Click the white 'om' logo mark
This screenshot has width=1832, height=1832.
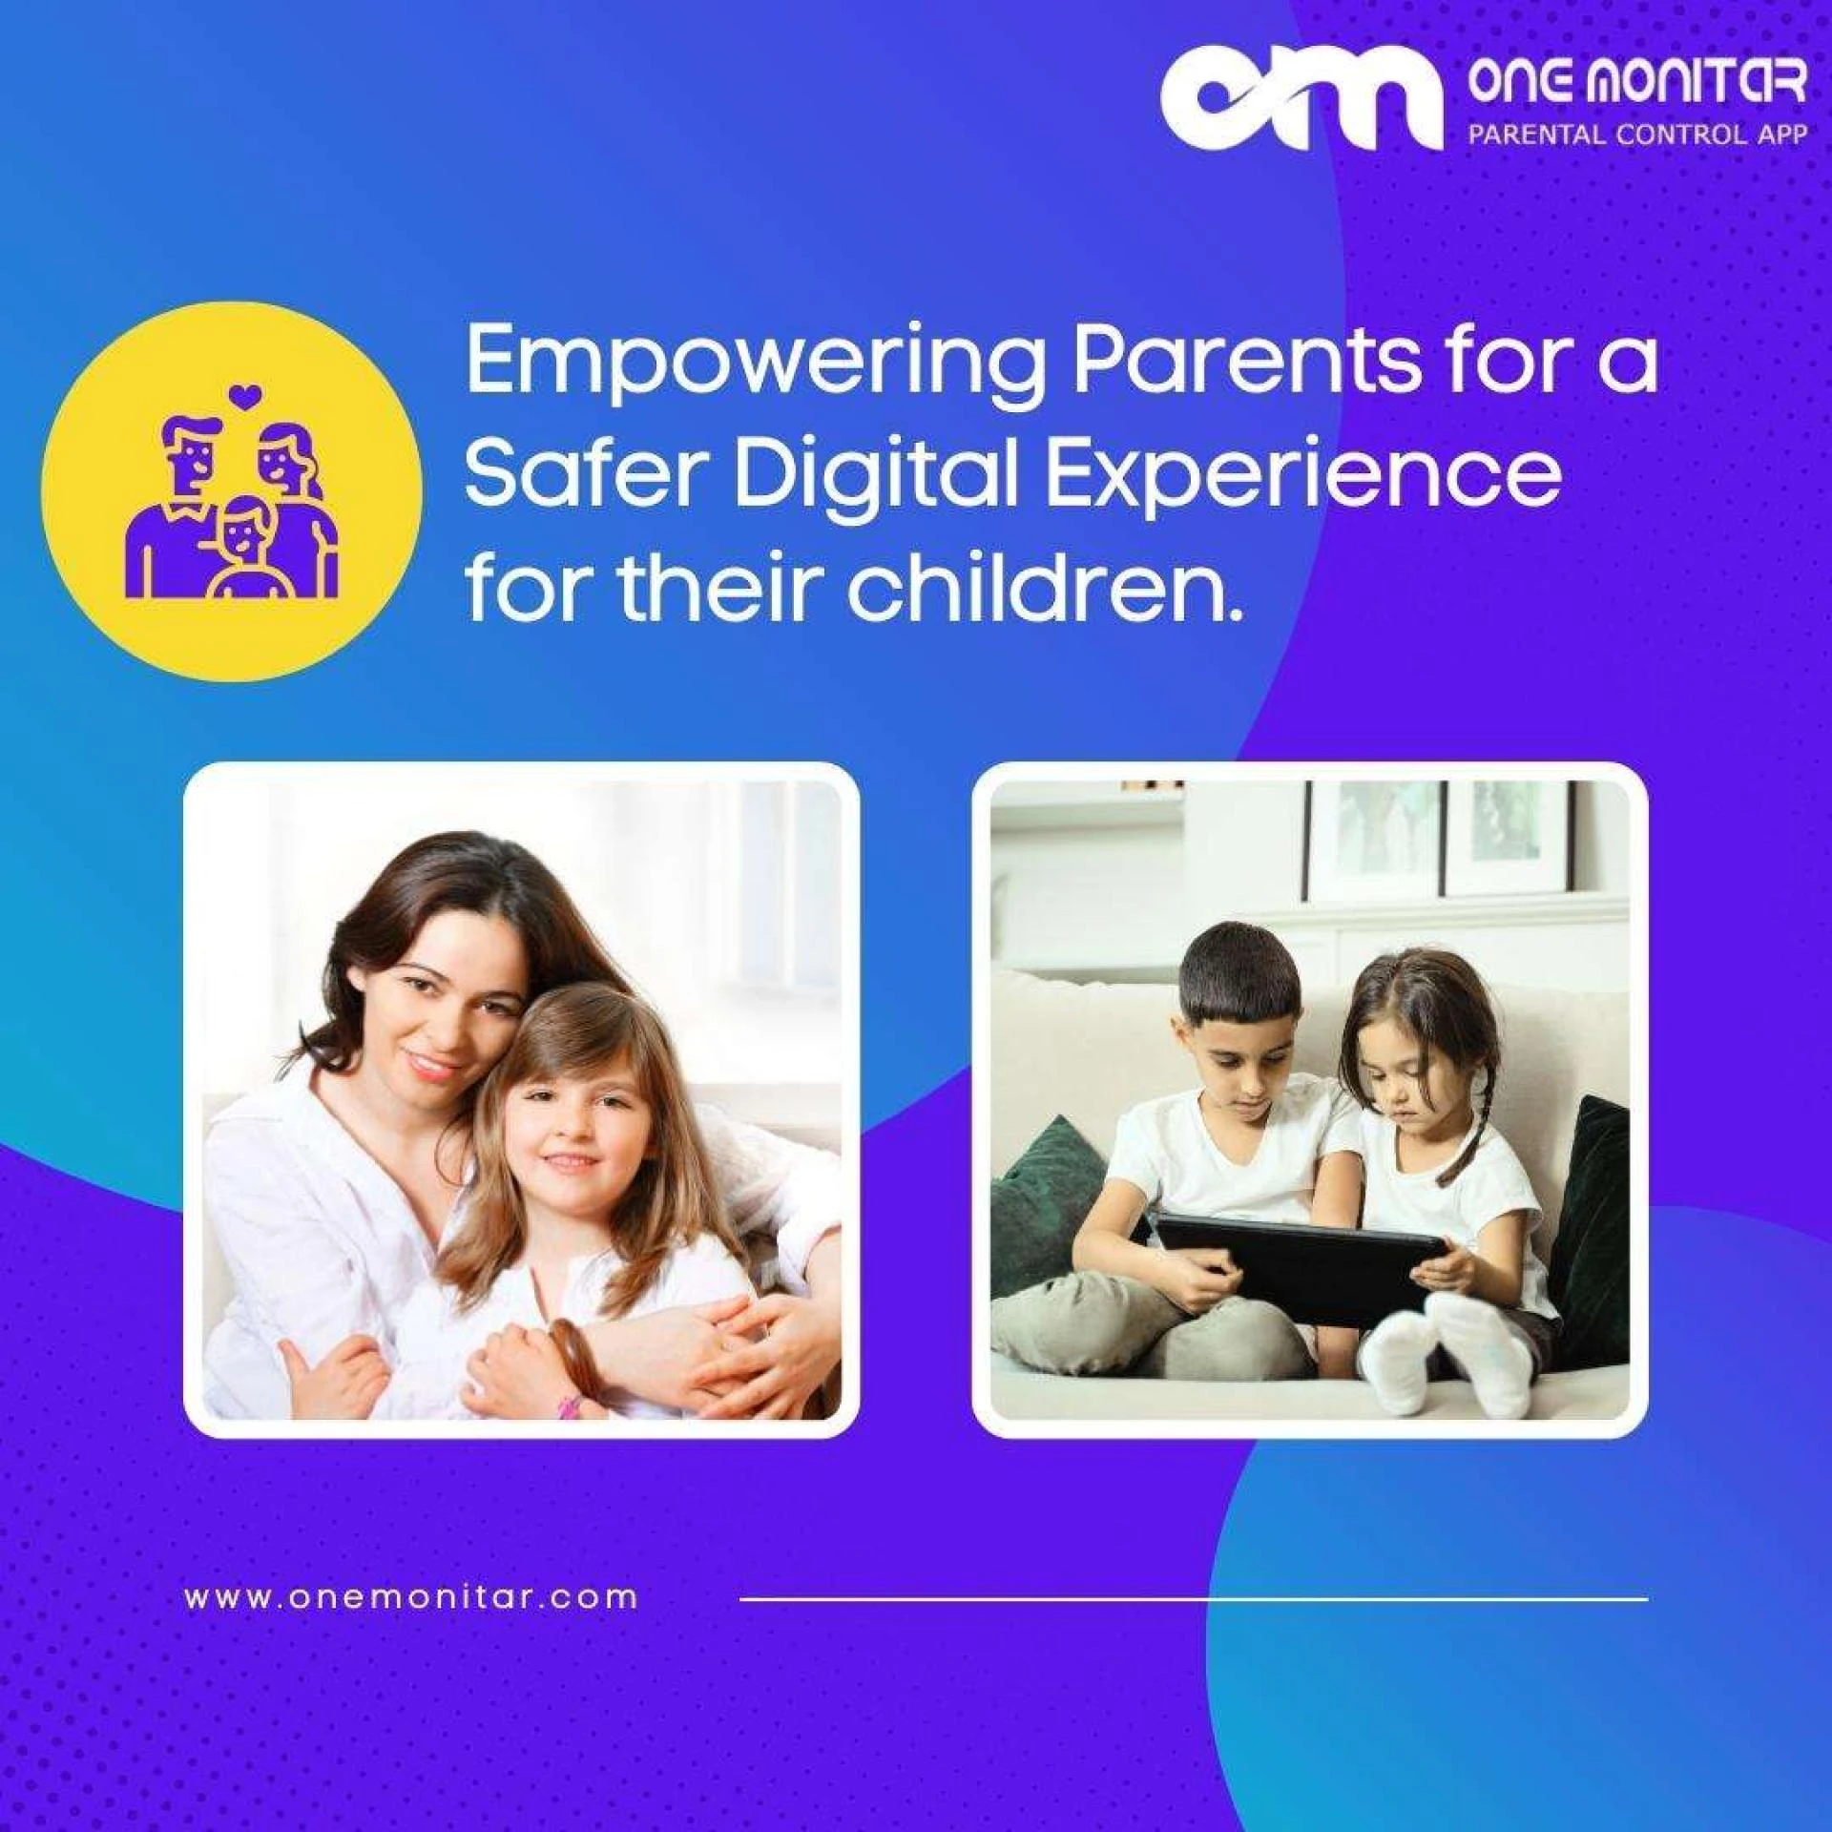1301,103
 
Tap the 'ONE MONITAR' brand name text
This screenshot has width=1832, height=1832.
1637,82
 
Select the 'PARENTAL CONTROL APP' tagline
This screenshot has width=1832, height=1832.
1637,134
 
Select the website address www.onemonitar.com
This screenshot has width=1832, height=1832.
411,1596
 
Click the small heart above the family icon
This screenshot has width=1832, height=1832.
245,394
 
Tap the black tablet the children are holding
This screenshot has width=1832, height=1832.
1302,1256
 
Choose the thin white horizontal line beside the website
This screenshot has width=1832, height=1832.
1194,1597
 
